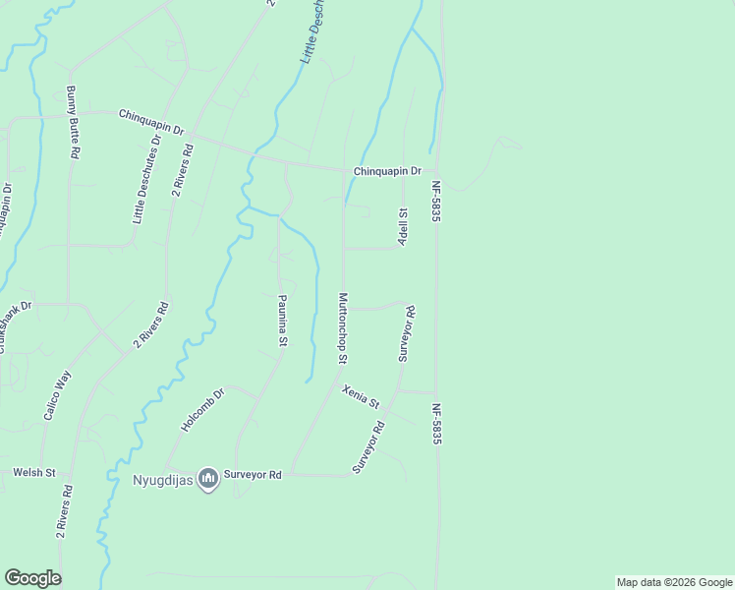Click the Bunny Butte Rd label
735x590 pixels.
74,123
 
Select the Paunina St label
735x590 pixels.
282,320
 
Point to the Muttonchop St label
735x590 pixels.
343,327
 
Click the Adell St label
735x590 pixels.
403,226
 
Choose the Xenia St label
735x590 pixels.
361,396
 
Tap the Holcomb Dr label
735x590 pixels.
203,410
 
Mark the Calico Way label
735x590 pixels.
56,394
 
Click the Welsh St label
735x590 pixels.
34,473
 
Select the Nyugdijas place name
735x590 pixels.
162,480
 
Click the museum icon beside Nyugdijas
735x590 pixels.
207,479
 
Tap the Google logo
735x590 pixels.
32,578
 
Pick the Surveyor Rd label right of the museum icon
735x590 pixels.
254,475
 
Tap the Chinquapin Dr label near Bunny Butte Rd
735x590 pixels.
152,116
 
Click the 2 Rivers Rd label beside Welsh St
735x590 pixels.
63,511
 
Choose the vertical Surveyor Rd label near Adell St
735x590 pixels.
406,333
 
